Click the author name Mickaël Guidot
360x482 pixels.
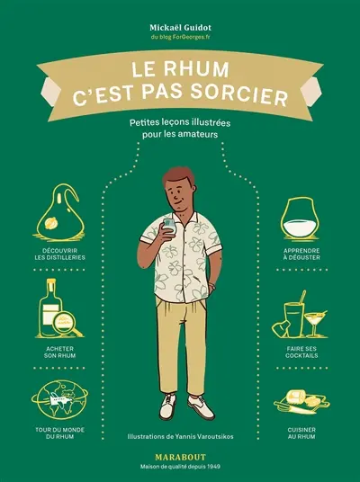tap(180, 15)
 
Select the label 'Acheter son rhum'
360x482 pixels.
tap(59, 351)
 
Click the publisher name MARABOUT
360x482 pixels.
tap(180, 456)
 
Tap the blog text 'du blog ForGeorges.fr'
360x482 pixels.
tap(180, 27)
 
